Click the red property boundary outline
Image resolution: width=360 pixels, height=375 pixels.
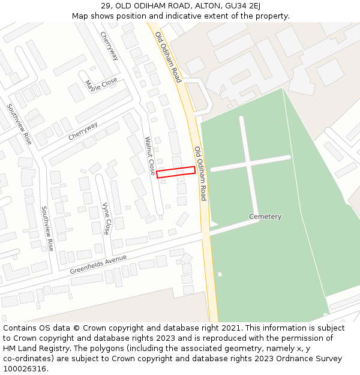coord(176,172)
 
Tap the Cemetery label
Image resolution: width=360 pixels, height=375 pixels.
coord(265,217)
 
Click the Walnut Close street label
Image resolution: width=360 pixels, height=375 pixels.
coord(150,155)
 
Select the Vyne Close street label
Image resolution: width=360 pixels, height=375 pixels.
coord(107,218)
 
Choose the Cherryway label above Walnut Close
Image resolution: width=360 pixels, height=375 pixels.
coord(83,131)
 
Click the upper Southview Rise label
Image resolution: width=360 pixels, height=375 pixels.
coord(19,124)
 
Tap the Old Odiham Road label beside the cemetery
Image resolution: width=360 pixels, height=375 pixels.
coord(200,173)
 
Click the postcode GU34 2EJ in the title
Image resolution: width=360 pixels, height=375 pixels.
coord(242,5)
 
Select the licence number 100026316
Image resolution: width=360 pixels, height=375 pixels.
coord(25,369)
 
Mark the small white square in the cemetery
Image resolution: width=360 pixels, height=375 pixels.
coord(220,274)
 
